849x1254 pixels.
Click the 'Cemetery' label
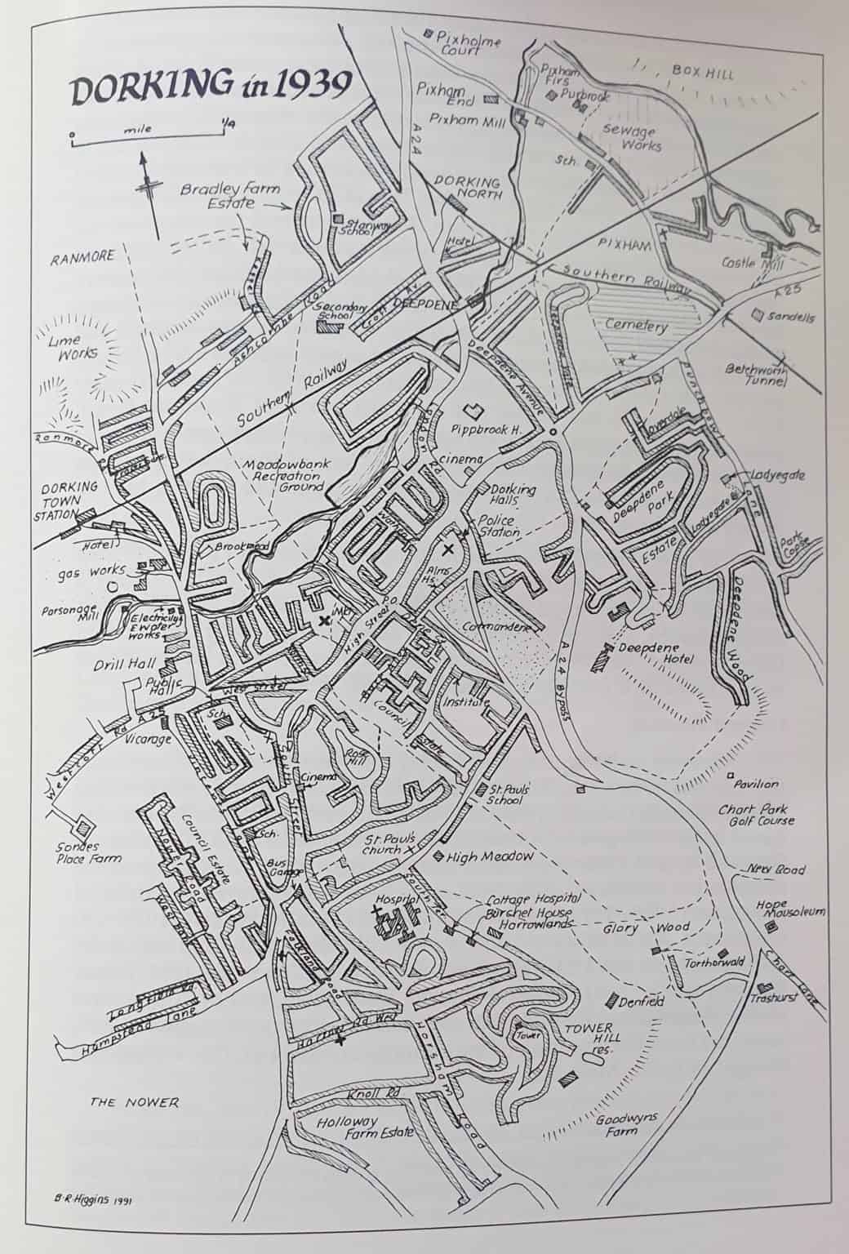[x=636, y=326]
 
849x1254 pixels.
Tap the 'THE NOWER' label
[x=134, y=1102]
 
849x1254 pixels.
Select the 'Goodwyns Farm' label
[x=625, y=1127]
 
